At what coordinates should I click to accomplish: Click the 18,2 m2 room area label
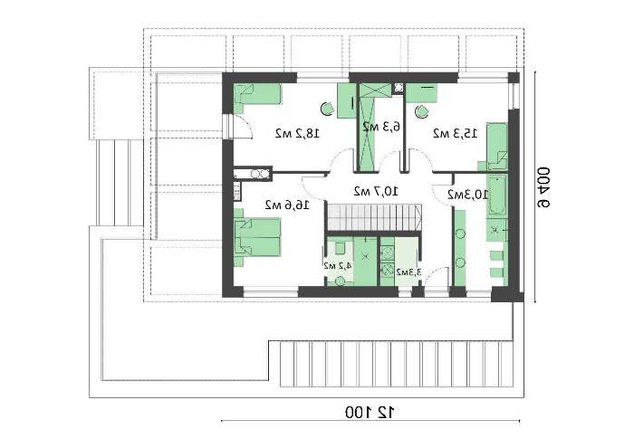[x=298, y=133]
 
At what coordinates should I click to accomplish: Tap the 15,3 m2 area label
[x=455, y=133]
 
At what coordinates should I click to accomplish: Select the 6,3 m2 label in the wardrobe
[x=381, y=127]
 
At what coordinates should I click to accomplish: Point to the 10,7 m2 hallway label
[x=376, y=191]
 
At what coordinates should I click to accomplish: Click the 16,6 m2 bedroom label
[x=287, y=205]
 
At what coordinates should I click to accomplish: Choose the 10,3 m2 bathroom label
[x=468, y=195]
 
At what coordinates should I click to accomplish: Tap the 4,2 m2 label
[x=337, y=265]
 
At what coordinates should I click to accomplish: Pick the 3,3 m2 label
[x=408, y=272]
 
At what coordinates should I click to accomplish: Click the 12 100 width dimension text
[x=370, y=413]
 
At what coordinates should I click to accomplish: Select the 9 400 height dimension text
[x=543, y=187]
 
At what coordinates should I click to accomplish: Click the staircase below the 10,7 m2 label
[x=374, y=217]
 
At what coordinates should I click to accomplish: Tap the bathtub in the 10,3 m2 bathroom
[x=496, y=195]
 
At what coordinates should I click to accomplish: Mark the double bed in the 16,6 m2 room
[x=257, y=237]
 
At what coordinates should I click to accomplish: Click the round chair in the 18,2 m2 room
[x=326, y=109]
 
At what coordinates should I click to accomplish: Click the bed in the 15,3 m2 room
[x=497, y=146]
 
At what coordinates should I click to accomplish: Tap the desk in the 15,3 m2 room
[x=421, y=93]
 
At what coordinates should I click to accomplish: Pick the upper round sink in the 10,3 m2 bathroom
[x=460, y=234]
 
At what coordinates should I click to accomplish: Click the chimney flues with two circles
[x=260, y=174]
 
